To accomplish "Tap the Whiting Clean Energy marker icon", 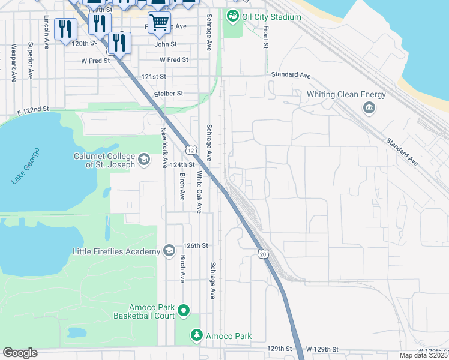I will [367, 108].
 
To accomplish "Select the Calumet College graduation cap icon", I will [143, 160].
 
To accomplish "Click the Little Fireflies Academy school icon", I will [169, 251].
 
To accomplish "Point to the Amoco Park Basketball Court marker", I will [184, 311].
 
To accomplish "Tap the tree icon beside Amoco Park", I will [196, 335].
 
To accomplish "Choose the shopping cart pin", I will [159, 23].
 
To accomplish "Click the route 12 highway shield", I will [190, 148].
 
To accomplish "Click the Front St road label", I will [265, 36].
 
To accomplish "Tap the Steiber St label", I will [168, 94].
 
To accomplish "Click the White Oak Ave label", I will [199, 191].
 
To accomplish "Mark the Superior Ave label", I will [29, 61].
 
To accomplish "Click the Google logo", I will [20, 353].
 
